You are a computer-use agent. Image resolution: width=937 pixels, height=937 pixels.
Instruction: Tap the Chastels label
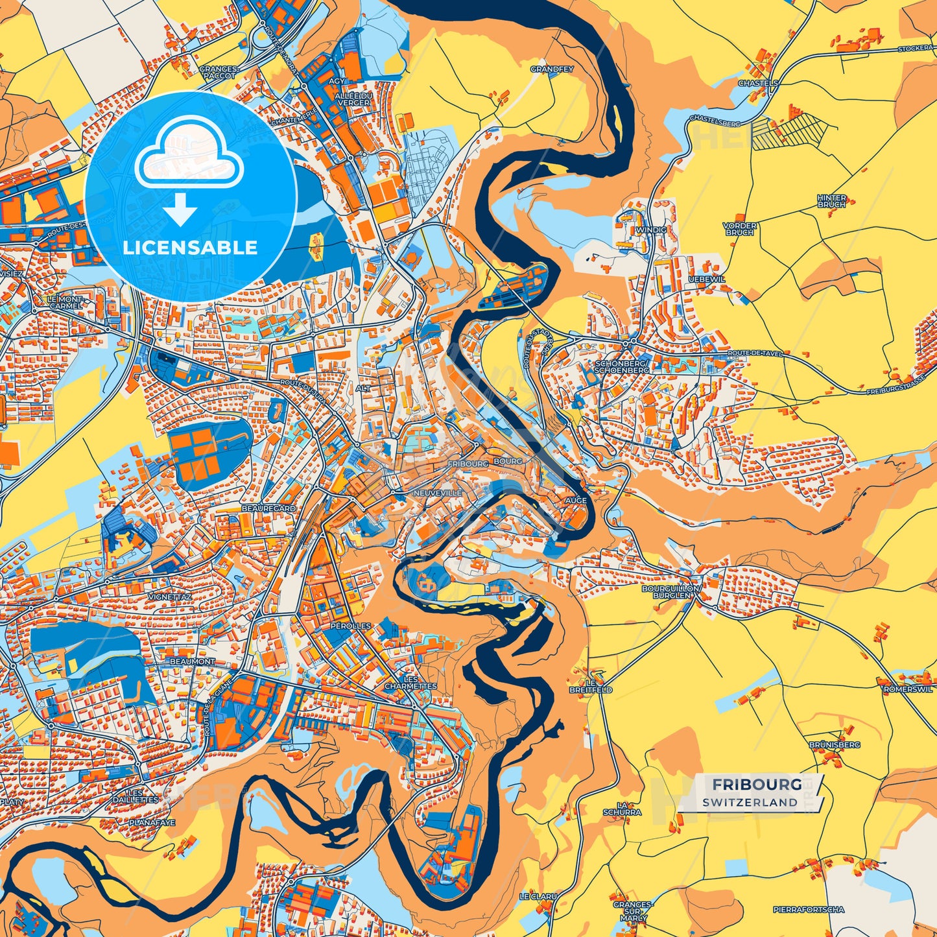[757, 84]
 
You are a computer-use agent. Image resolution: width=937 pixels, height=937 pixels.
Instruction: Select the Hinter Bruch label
[831, 201]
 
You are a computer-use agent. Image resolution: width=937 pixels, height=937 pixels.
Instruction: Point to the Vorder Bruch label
[739, 229]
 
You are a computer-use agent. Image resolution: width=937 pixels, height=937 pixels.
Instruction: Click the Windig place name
[652, 230]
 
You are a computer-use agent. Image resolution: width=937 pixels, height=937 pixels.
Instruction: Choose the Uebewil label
[707, 279]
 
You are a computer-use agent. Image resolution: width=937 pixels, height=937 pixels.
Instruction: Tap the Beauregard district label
[268, 509]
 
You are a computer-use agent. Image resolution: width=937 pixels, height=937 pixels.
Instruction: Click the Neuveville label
[437, 493]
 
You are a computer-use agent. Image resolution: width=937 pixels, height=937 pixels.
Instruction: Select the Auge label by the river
[575, 501]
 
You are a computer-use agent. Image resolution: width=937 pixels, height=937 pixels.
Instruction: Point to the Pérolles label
[350, 626]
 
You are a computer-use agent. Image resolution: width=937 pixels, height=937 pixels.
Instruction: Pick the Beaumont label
[192, 661]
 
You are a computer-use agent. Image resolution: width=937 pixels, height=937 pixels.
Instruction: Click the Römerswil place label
[908, 690]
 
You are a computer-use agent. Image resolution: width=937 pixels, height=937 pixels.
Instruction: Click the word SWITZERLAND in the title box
[749, 802]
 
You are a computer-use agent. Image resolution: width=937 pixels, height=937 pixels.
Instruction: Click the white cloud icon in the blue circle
[189, 158]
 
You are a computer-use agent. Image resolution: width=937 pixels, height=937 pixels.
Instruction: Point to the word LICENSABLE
[190, 248]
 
